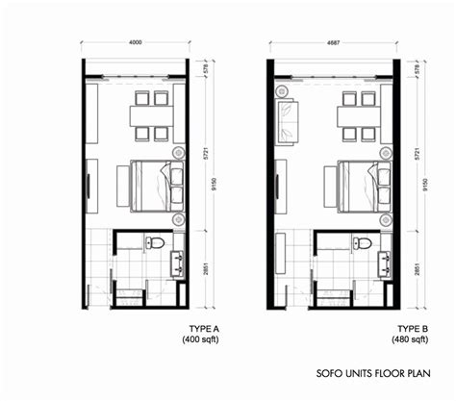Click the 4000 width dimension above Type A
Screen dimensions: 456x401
click(135, 42)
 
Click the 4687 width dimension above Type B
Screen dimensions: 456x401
click(333, 42)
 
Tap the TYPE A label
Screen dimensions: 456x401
click(204, 329)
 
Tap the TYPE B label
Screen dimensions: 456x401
click(413, 329)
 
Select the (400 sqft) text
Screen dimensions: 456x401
click(200, 339)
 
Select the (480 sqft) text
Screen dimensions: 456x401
click(410, 339)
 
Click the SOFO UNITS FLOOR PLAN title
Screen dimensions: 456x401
click(373, 373)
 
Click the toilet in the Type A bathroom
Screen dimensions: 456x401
click(155, 242)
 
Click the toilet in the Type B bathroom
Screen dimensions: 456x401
click(362, 242)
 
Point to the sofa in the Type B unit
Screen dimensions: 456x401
click(287, 122)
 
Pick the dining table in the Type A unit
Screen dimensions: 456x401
click(151, 116)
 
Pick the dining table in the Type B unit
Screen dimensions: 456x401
click(359, 116)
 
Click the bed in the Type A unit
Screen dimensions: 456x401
click(157, 187)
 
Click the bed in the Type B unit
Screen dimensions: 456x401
click(365, 187)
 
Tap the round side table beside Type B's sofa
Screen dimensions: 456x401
click(282, 91)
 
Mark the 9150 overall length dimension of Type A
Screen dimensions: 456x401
click(215, 184)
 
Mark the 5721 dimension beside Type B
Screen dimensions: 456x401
click(417, 154)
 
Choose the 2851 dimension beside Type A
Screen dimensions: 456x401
click(206, 269)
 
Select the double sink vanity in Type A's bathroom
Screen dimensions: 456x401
click(178, 263)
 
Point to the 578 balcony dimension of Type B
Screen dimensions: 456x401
click(417, 68)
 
